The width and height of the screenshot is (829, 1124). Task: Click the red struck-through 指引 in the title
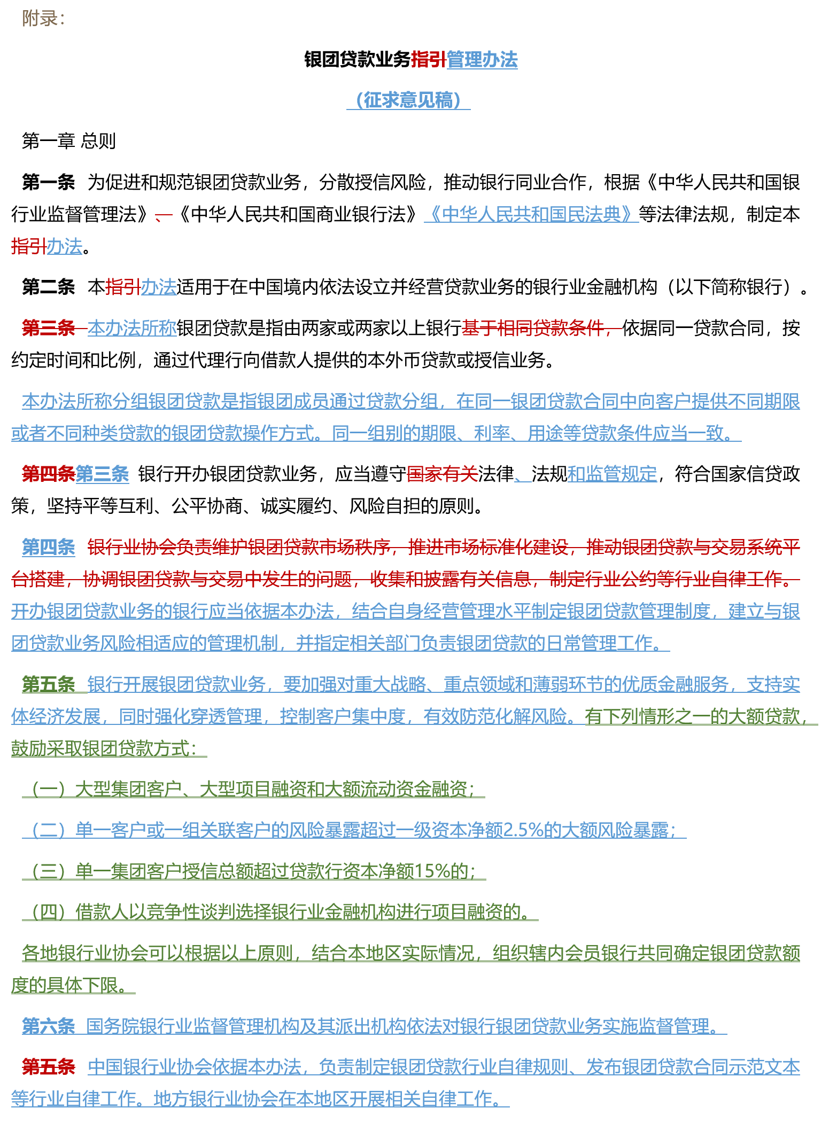429,59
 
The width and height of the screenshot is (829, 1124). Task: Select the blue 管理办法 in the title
482,59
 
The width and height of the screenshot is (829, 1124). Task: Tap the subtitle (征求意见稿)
408,100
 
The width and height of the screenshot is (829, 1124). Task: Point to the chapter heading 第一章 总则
69,141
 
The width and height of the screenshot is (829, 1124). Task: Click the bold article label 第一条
48,182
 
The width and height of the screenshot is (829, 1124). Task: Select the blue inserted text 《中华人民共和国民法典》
531,214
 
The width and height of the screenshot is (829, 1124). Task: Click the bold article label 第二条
48,287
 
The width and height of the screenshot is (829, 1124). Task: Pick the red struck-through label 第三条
48,328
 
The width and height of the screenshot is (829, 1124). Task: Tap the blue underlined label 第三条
102,474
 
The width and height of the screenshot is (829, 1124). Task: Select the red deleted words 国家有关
442,474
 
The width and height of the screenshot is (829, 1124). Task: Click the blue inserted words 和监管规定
612,474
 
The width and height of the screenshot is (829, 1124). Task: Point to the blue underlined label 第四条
48,547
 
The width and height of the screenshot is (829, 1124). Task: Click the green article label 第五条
48,684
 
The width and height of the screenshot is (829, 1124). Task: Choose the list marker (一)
49,789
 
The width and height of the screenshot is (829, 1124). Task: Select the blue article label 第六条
48,1026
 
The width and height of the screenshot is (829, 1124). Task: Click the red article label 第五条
48,1067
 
